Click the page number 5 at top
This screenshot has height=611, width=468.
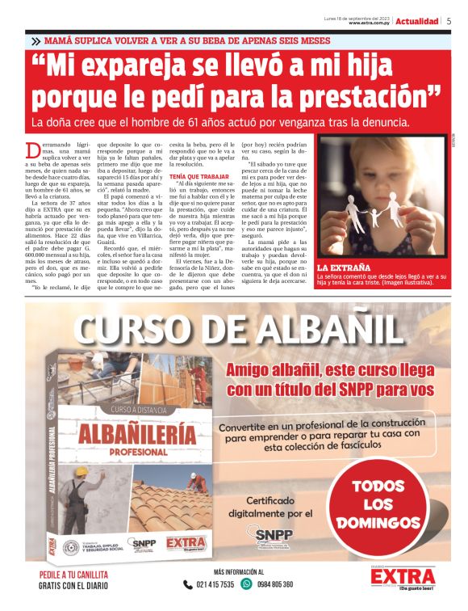click(x=449, y=21)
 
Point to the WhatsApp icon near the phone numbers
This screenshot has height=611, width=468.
click(x=247, y=584)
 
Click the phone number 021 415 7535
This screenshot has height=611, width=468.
click(x=214, y=584)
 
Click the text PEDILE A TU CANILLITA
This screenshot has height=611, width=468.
click(x=73, y=575)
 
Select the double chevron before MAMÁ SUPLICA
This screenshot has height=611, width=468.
click(x=36, y=40)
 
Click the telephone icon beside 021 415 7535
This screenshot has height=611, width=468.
click(x=188, y=584)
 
